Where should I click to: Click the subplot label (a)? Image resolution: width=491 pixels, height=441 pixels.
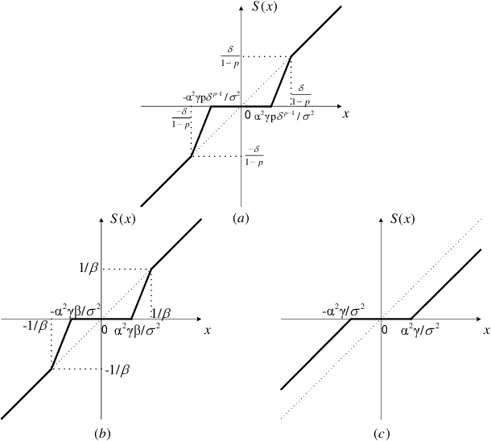tap(239, 217)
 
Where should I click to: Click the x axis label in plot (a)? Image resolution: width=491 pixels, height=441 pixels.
tap(346, 114)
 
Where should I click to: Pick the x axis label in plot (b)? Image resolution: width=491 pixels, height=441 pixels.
tap(208, 330)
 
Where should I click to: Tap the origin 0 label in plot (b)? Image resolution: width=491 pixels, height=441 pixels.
tap(105, 329)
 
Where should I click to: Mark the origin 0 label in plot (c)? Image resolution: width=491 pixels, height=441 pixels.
tap(384, 329)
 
